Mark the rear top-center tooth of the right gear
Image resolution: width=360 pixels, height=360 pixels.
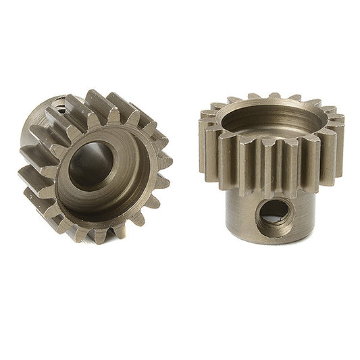tap(274, 97)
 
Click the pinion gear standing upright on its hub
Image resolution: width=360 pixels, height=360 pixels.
tap(270, 176)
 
